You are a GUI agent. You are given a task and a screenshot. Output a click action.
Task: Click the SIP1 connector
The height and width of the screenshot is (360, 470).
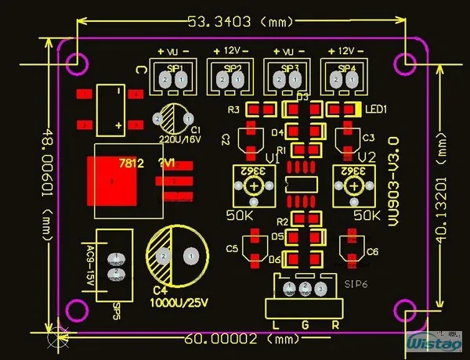coord(173,78)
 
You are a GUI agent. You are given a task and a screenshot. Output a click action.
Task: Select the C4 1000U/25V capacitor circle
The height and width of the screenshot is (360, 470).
coord(177,255)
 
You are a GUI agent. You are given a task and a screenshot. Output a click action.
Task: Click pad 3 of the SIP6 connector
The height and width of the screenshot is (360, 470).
coord(320,290)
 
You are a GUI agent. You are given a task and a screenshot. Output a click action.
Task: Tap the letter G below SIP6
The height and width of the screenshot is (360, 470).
coord(305,324)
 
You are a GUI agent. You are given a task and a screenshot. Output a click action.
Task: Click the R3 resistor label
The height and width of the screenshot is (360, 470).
coord(233,110)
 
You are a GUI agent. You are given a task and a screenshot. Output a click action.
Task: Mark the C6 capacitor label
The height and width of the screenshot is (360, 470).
coord(373,251)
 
